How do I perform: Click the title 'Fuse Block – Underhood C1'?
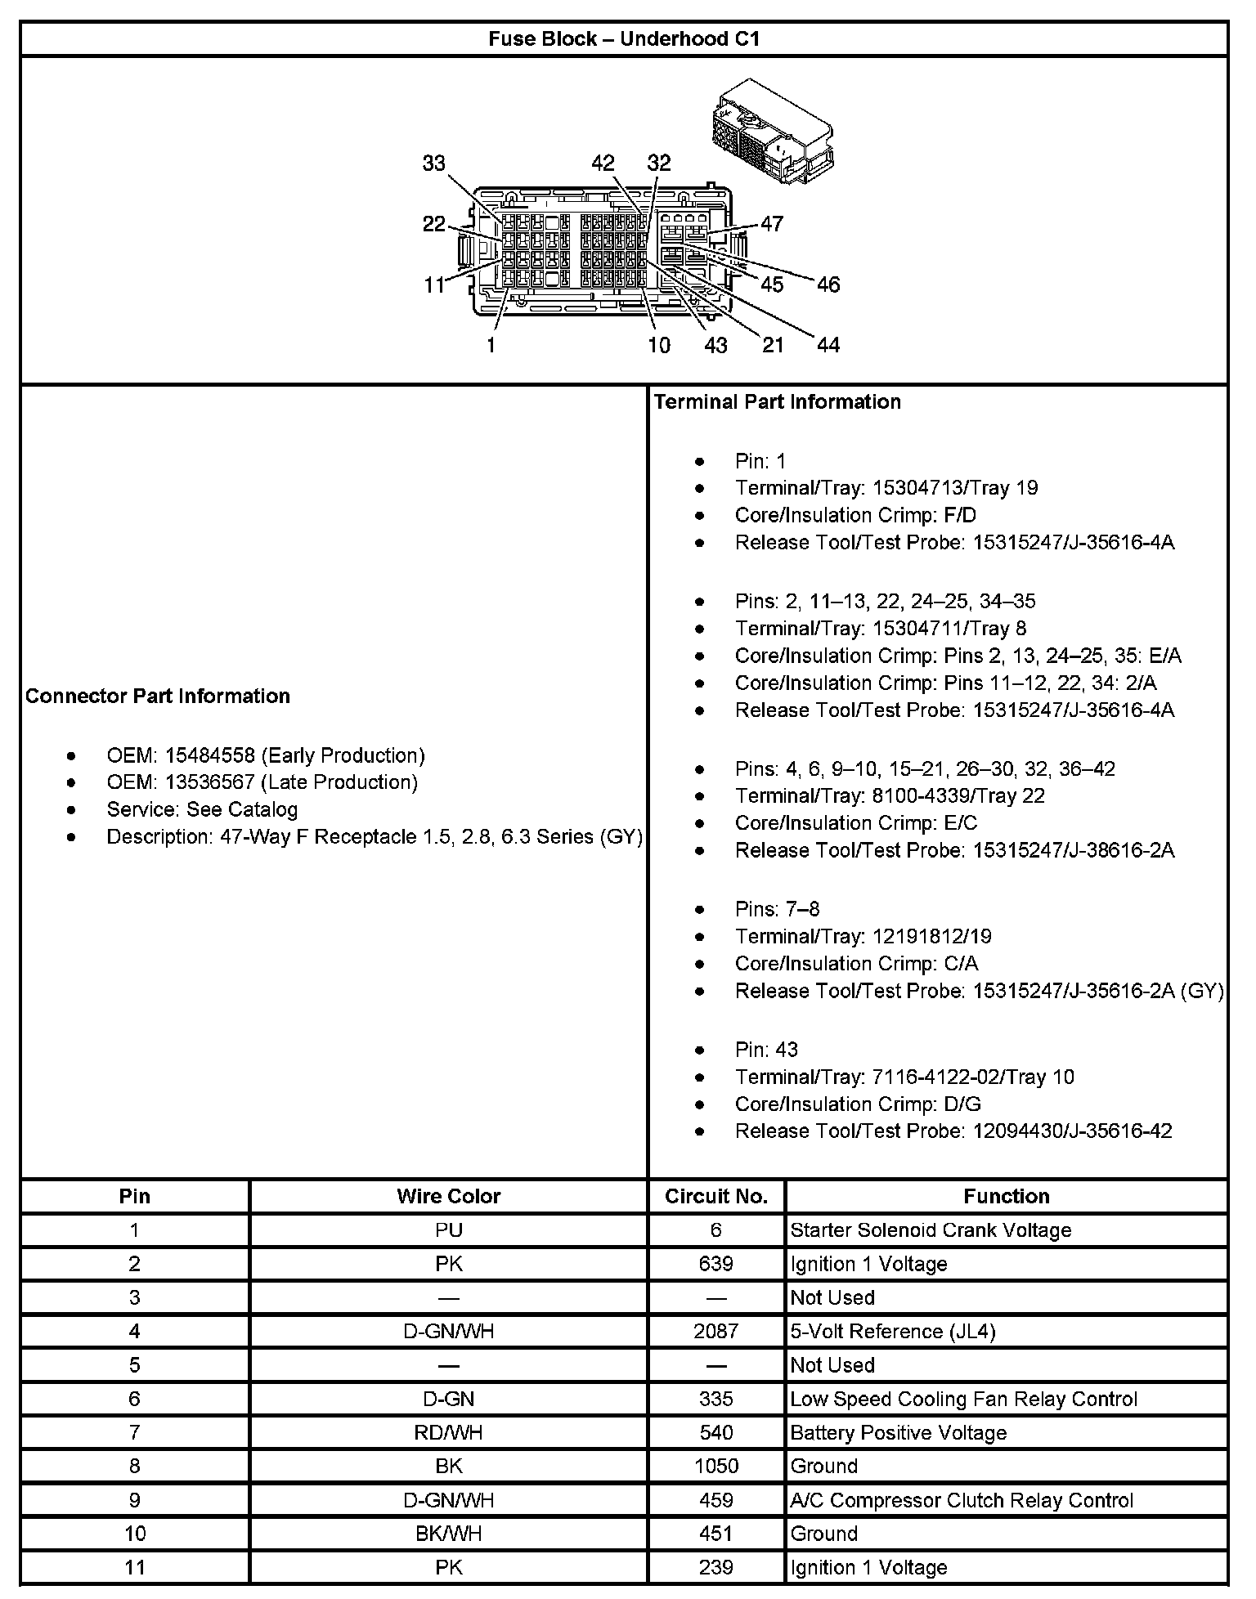624,38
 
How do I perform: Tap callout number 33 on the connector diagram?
433,163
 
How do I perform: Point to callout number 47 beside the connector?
771,223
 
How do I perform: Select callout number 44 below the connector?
828,345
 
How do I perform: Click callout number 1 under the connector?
491,345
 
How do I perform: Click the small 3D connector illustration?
772,131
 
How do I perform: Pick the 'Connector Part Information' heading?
158,696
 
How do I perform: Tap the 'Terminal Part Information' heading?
777,401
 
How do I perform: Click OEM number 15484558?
210,755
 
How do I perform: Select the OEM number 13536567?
210,782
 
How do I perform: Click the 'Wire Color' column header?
448,1196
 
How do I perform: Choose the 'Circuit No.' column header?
715,1196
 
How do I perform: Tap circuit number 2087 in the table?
715,1332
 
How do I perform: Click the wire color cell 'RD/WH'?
448,1432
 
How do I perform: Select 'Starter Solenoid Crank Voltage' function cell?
931,1230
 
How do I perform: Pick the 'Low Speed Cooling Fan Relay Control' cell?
963,1399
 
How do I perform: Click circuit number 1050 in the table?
715,1466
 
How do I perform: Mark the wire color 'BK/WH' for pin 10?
448,1534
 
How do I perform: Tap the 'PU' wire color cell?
448,1230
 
